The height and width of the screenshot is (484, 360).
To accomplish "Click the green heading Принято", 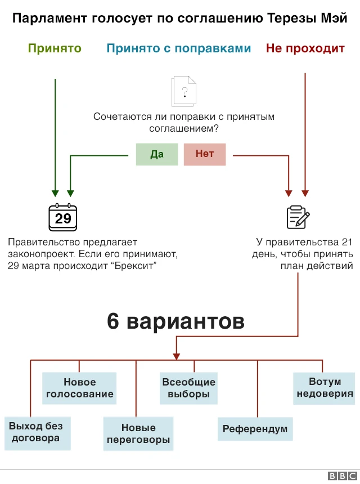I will [55, 48].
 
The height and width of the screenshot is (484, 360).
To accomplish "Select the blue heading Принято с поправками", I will [178, 48].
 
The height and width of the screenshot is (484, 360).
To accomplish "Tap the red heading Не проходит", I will [305, 48].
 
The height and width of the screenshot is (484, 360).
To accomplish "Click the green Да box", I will [157, 154].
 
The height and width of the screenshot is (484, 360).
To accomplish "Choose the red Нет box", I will [205, 154].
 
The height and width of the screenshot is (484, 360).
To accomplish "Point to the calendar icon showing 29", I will [63, 217].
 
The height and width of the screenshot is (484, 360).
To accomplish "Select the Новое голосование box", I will [79, 388].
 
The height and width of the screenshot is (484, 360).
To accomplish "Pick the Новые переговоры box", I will [138, 434].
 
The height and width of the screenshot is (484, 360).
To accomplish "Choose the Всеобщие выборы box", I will [188, 388].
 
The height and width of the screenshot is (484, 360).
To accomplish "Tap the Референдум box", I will [255, 429].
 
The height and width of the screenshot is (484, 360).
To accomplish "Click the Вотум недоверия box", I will [325, 388].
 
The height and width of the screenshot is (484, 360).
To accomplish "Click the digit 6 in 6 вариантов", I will [113, 322].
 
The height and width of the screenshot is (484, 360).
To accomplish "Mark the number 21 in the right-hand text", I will [347, 243].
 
